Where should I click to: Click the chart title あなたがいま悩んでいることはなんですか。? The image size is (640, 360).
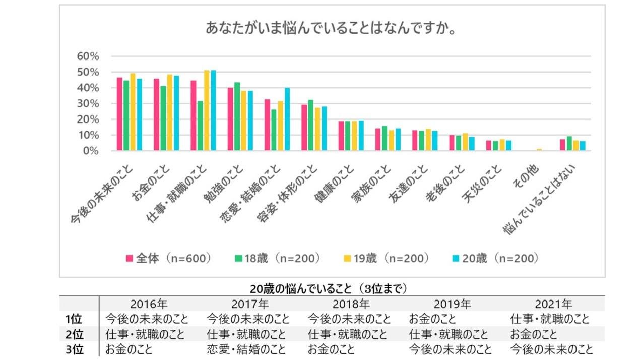pos(331,28)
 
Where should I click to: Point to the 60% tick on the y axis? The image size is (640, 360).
pos(88,56)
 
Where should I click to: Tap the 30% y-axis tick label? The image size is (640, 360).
pos(88,104)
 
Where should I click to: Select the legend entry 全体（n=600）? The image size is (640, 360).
pos(168,258)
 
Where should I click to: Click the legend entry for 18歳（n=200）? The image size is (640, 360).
pos(277,258)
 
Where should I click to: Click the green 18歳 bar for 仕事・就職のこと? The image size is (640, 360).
pos(200,126)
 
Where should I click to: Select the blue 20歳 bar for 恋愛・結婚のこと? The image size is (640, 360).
pos(287,119)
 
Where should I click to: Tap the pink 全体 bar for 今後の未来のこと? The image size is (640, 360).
pos(119,114)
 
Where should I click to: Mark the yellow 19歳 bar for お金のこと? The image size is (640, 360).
pos(170,112)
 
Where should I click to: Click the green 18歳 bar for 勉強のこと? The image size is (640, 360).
pos(237,116)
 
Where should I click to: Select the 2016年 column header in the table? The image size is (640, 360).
pos(149,304)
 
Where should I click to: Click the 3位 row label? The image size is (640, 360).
pos(74,349)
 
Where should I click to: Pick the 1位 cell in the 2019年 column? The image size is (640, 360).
pos(432,319)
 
